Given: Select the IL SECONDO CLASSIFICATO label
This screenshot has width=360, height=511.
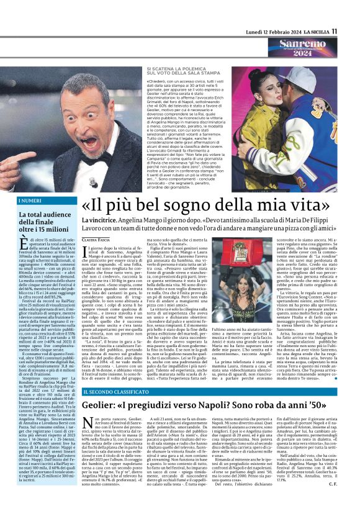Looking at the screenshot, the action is point(115,410).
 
